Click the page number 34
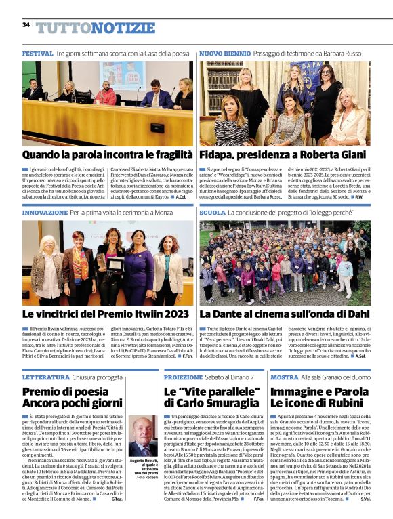point(26,25)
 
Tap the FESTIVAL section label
point(37,53)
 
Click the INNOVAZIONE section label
point(45,213)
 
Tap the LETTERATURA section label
point(45,377)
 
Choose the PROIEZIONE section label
point(183,377)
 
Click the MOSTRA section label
point(284,377)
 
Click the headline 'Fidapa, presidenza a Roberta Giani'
point(283,155)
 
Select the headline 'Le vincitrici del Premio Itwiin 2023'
point(106,314)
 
